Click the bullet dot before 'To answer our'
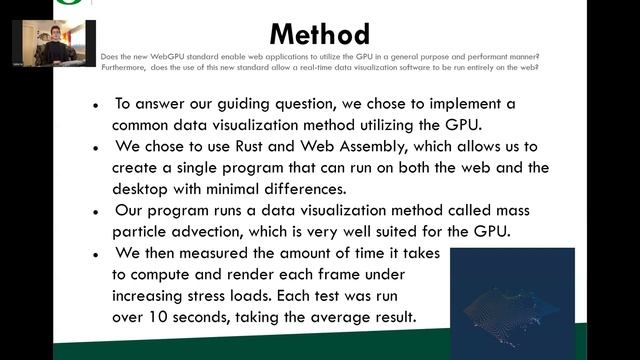(x=95, y=104)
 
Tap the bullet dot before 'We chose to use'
(x=95, y=146)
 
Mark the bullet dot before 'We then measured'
(x=95, y=254)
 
